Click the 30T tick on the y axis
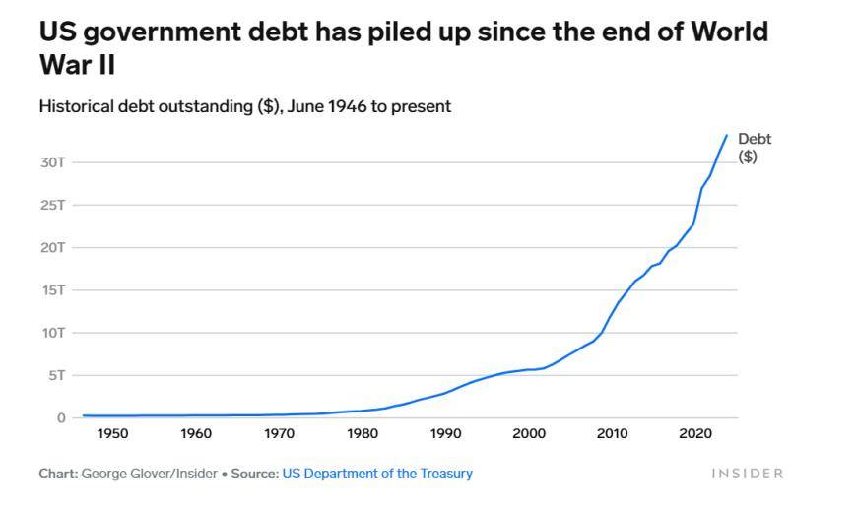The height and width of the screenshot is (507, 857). [52, 162]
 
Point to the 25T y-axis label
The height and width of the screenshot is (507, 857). [52, 206]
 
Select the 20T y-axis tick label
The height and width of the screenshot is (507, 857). [52, 248]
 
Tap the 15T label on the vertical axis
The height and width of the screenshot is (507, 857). [52, 290]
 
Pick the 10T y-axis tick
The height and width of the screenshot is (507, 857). [52, 333]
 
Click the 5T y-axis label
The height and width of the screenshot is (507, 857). [56, 375]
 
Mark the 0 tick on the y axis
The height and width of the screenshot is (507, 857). [61, 418]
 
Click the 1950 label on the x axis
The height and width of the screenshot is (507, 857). [113, 434]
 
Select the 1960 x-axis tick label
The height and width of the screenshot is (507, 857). [196, 434]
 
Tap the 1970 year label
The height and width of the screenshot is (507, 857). [280, 434]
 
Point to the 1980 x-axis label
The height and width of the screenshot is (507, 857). [363, 434]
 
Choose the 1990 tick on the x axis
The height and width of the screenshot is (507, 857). [446, 434]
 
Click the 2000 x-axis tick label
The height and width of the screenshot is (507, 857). [529, 434]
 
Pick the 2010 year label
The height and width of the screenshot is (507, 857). [613, 434]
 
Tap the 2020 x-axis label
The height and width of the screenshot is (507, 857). [695, 434]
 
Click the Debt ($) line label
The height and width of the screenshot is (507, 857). [754, 148]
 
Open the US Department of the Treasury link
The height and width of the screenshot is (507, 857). [377, 474]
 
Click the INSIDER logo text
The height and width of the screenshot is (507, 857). [747, 474]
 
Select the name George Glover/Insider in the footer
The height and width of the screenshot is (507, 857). [149, 474]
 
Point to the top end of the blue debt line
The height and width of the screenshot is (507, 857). [727, 135]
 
